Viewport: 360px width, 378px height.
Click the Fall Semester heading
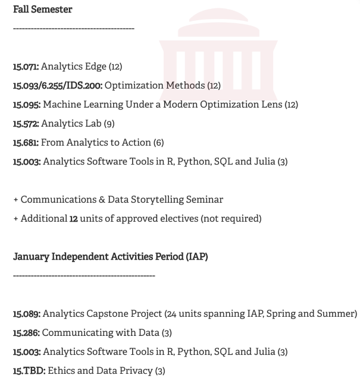(43, 10)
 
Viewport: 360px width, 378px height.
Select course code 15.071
(26, 67)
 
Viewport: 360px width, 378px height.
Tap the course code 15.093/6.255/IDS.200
(58, 86)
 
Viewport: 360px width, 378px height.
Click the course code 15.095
(26, 105)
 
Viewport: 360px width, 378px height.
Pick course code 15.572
(26, 124)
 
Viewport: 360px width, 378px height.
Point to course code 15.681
(26, 143)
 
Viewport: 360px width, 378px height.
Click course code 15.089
(27, 313)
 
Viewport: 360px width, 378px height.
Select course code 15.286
(26, 332)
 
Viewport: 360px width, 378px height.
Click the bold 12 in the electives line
(74, 219)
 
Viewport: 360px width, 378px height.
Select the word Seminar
(204, 200)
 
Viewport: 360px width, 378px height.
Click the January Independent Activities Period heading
(110, 257)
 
